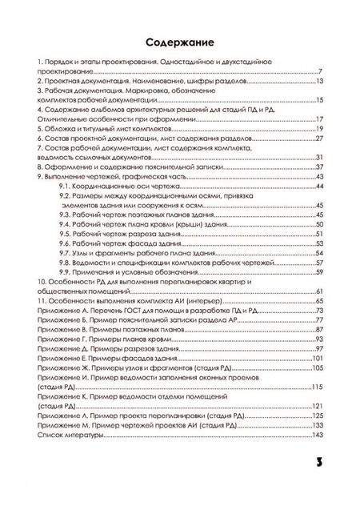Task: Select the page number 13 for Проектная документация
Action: point(318,81)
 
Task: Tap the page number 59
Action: point(318,272)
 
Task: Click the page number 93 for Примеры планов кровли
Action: point(318,339)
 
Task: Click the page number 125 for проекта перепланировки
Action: point(317,416)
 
